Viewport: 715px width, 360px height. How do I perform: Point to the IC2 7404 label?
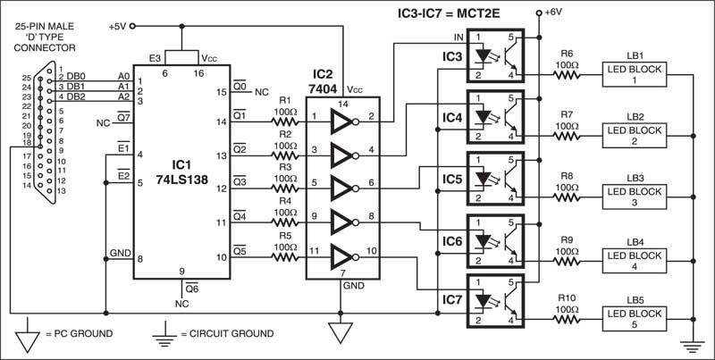tap(326, 80)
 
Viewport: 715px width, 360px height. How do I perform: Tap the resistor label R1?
tap(285, 100)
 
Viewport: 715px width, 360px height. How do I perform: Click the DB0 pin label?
tap(79, 77)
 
